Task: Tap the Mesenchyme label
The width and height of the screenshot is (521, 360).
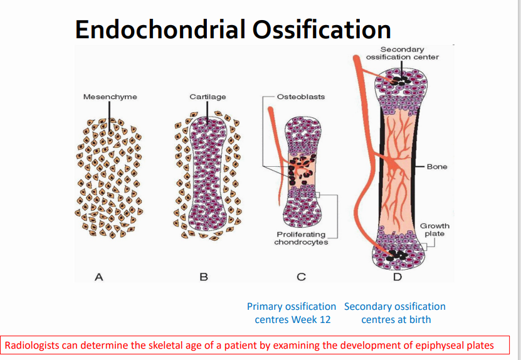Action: (110, 97)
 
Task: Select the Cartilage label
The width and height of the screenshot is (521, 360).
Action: (208, 97)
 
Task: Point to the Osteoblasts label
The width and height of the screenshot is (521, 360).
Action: (301, 97)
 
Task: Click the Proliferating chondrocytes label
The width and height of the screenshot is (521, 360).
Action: (301, 238)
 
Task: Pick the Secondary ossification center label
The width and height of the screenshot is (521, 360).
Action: (403, 53)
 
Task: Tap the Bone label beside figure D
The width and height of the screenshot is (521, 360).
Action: (437, 167)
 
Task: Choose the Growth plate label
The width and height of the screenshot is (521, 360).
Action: (434, 230)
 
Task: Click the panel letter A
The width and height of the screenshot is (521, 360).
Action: (98, 277)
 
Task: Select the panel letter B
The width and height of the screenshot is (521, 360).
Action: (203, 277)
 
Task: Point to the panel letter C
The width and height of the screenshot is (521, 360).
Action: (301, 277)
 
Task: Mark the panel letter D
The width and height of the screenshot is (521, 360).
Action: (397, 277)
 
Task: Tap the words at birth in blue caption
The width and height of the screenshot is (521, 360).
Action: (412, 320)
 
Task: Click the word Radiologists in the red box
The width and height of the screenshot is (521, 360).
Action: (31, 345)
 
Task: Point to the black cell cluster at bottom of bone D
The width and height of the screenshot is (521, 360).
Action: (396, 255)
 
